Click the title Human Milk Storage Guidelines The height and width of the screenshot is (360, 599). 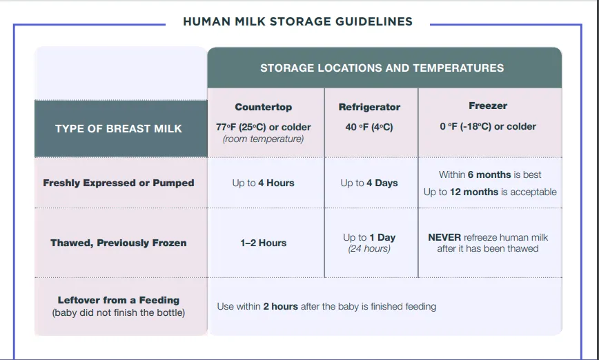point(297,21)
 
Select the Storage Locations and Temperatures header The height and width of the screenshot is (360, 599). point(382,68)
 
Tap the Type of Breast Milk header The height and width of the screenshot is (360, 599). point(119,128)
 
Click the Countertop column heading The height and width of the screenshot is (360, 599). point(263,107)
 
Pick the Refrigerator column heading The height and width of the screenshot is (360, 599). point(369,107)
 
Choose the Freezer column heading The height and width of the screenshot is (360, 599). point(487,106)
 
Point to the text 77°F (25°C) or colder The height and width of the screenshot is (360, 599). point(263,127)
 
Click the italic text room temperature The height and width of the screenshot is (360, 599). point(263,139)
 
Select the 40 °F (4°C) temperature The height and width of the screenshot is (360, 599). point(369,127)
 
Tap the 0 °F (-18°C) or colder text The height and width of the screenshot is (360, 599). point(487,126)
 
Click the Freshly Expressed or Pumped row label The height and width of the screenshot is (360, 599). point(119,183)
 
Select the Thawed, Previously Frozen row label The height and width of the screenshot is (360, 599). point(119,243)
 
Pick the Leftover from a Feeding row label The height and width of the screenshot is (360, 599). point(119,300)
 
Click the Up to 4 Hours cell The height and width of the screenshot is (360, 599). point(263,183)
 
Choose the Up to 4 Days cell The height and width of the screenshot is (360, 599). point(369,183)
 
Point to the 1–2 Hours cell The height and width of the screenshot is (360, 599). point(263,243)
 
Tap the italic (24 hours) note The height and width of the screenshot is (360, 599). point(369,248)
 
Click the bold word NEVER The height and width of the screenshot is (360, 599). point(444,237)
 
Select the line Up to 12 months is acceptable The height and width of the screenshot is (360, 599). point(490,192)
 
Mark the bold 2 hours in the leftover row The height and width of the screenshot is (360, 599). point(280,306)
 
